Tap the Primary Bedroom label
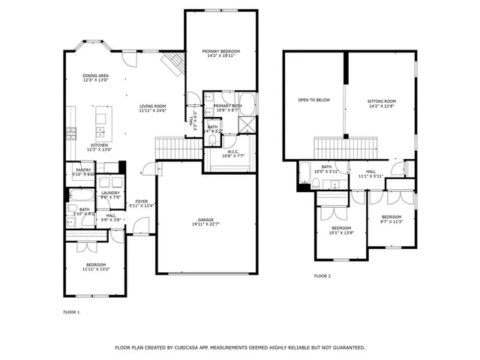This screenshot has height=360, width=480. click(x=221, y=50)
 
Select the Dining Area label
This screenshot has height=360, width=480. click(x=95, y=75)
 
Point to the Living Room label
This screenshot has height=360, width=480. click(x=152, y=106)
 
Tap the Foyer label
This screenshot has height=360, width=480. click(x=141, y=201)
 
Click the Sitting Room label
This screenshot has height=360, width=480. click(x=381, y=100)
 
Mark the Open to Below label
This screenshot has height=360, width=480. click(x=313, y=100)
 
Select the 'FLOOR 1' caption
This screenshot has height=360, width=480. click(x=72, y=311)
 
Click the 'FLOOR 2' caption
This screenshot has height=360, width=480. click(x=322, y=276)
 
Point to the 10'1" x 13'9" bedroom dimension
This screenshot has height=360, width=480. click(x=341, y=232)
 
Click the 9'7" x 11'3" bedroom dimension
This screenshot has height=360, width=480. click(x=391, y=221)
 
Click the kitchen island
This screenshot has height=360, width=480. click(x=103, y=118)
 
